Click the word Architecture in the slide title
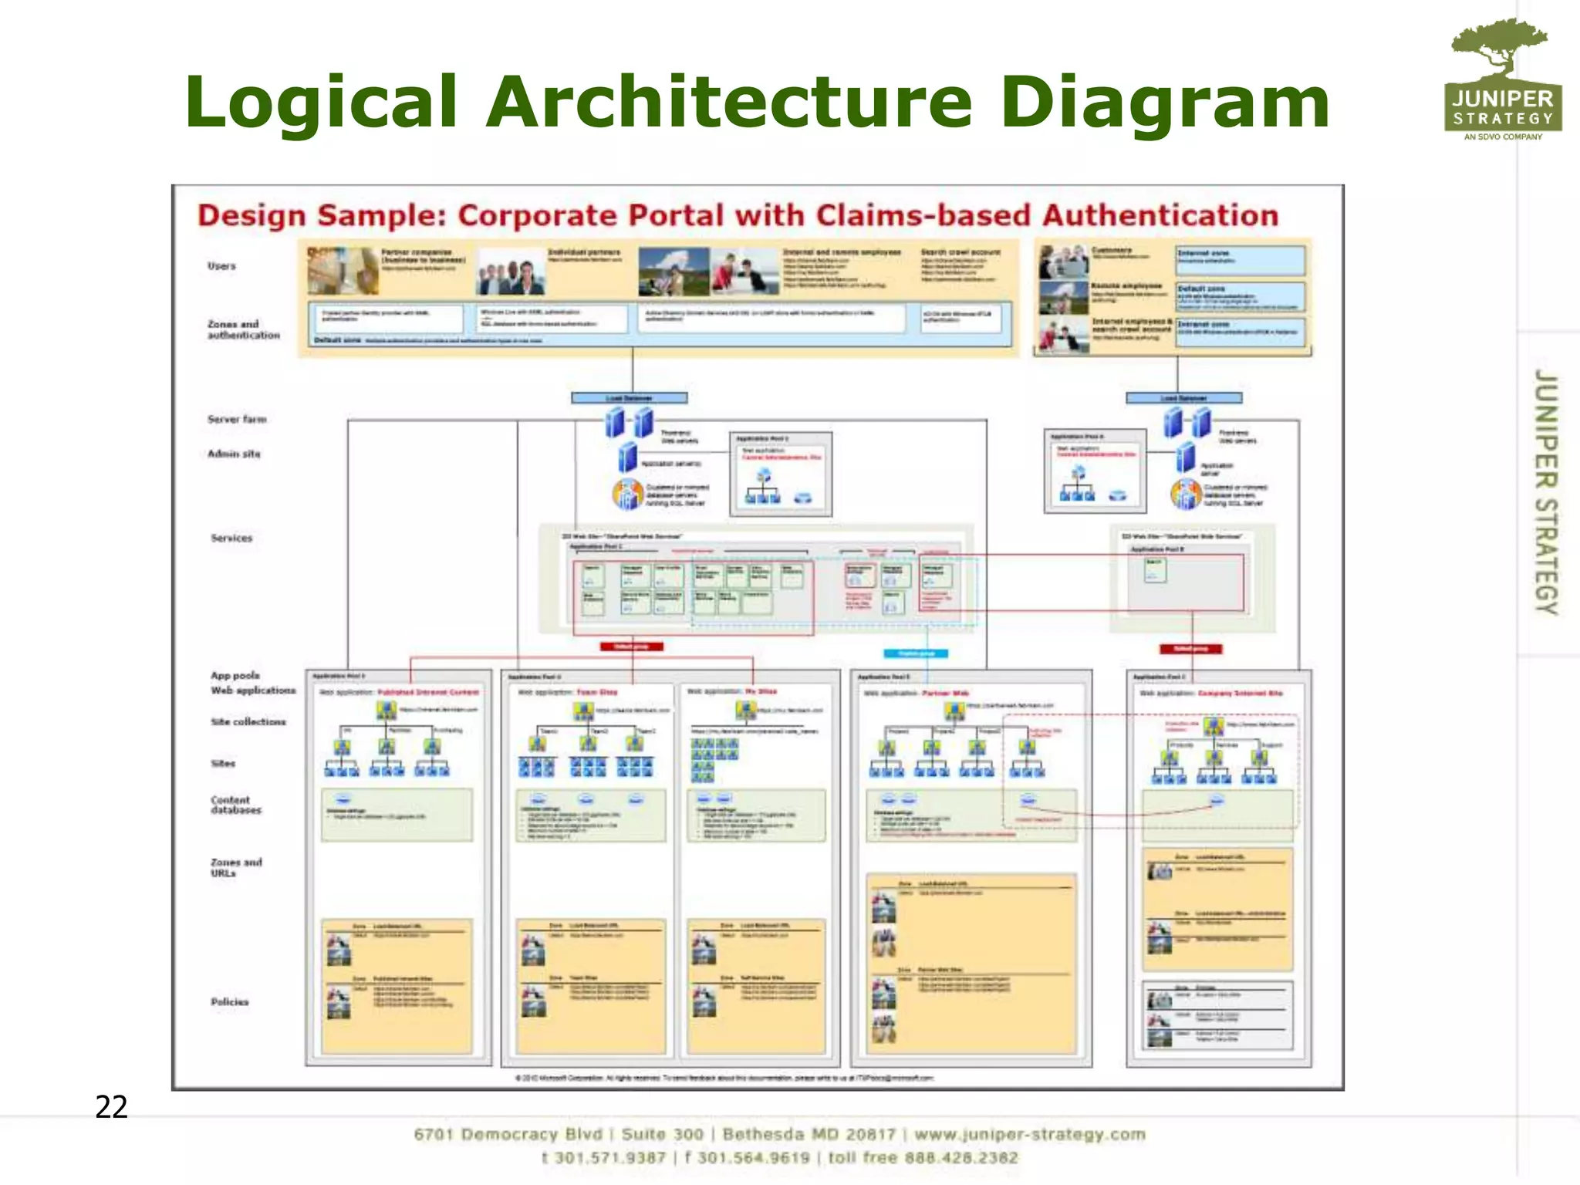pos(729,102)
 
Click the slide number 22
pos(111,1107)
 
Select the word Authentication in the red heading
pos(1160,215)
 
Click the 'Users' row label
pos(221,266)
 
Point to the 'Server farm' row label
pos(237,419)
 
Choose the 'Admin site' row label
pos(234,454)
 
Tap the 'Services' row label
pos(231,538)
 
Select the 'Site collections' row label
pos(248,721)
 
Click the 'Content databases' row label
pos(236,805)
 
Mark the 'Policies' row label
pos(230,1001)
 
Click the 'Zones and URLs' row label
pos(236,867)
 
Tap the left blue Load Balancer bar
pos(630,398)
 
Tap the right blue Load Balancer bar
pos(1183,398)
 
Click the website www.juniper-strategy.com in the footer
pos(1030,1134)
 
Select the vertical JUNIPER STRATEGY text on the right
pos(1545,491)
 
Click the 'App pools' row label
pos(235,675)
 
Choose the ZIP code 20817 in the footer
pos(871,1134)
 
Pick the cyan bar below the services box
pos(916,653)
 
